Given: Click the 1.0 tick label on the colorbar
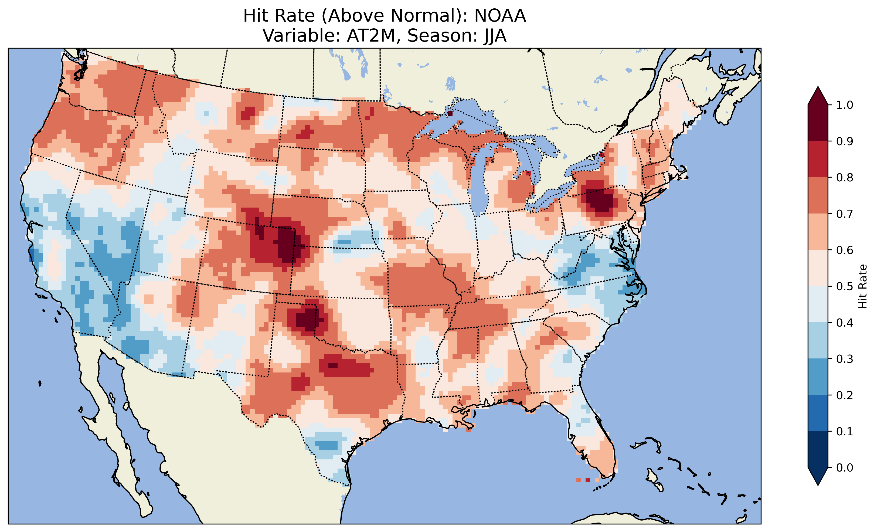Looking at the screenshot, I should (845, 105).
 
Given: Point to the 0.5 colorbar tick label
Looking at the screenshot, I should (845, 286).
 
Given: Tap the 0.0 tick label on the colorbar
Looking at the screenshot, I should (845, 467).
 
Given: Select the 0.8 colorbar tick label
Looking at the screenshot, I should (845, 177).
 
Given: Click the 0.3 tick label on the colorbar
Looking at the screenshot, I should (845, 359).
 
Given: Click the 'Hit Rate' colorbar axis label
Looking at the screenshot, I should (862, 286).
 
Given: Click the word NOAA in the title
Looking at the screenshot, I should (500, 16).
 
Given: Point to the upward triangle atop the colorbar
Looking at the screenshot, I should (818, 96).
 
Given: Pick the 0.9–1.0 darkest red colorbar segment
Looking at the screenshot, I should (818, 123).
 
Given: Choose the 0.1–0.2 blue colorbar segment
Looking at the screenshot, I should (818, 413).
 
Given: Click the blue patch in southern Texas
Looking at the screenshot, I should (327, 445).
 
